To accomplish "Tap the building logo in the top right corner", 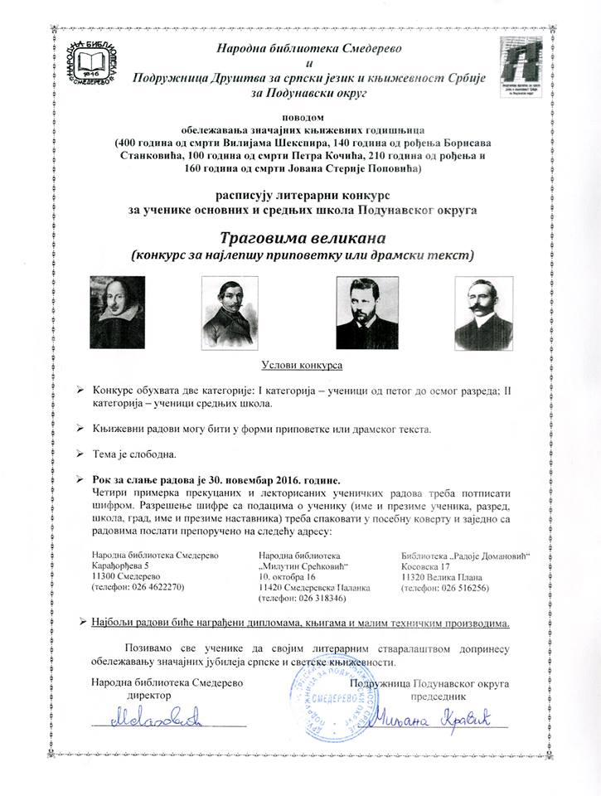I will [514, 66].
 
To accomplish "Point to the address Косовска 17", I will [429, 565].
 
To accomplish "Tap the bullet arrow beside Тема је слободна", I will [80, 454].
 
